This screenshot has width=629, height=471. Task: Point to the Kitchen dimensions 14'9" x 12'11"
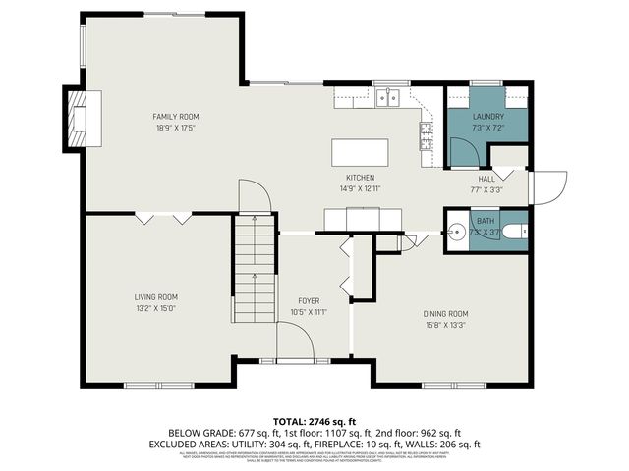(360, 188)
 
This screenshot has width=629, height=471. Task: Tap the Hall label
(487, 179)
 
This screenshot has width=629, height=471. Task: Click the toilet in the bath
(457, 234)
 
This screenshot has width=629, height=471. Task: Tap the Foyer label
(310, 300)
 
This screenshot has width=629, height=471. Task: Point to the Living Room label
(156, 296)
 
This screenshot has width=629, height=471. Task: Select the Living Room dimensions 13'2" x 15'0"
(156, 308)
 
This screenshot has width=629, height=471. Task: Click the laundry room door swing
(462, 150)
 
